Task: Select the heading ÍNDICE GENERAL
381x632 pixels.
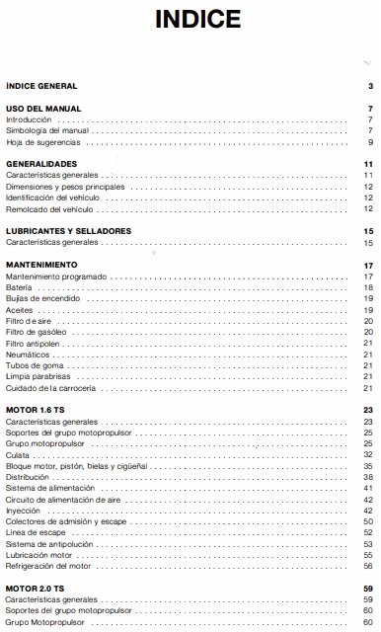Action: point(41,87)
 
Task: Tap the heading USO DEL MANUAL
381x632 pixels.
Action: point(43,109)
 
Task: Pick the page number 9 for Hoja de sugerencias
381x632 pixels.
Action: point(368,142)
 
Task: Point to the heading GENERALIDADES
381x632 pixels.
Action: point(41,164)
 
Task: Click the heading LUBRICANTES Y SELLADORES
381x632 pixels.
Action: point(68,230)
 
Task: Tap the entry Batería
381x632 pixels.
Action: point(19,287)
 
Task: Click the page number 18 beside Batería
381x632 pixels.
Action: point(367,287)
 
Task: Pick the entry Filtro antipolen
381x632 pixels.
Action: point(36,342)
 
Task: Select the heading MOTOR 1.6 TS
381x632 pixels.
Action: point(36,410)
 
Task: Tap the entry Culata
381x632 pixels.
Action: point(19,454)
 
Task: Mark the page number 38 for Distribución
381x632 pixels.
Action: point(367,476)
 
